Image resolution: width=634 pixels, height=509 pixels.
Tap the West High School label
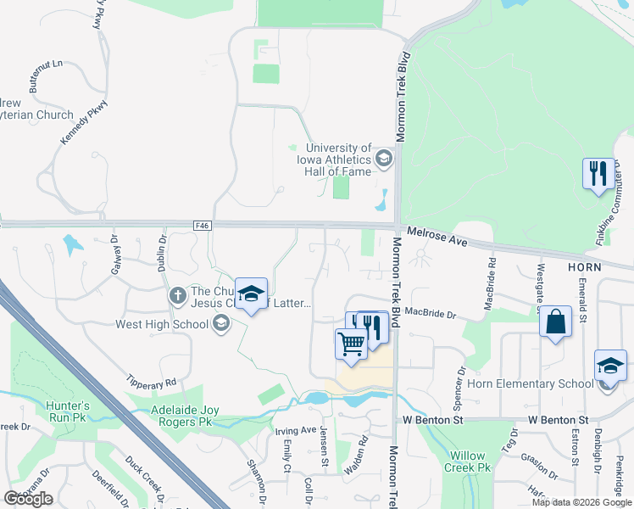pyautogui.click(x=162, y=324)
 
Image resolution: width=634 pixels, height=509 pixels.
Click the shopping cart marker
pyautogui.click(x=351, y=344)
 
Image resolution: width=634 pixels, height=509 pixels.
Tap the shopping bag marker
pyautogui.click(x=555, y=322)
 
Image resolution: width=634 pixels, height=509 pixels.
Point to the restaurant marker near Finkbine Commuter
pyautogui.click(x=598, y=174)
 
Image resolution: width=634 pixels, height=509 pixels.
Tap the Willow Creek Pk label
pyautogui.click(x=468, y=461)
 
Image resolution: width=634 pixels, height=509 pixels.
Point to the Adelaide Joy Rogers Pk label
pyautogui.click(x=175, y=416)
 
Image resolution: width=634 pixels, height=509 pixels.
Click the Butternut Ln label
pyautogui.click(x=46, y=64)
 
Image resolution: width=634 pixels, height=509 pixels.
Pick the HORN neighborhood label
pyautogui.click(x=585, y=266)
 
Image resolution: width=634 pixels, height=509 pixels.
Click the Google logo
pyautogui.click(x=28, y=499)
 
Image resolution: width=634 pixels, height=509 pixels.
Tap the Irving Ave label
pyautogui.click(x=296, y=431)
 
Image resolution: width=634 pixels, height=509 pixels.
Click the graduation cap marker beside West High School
pyautogui.click(x=251, y=294)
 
